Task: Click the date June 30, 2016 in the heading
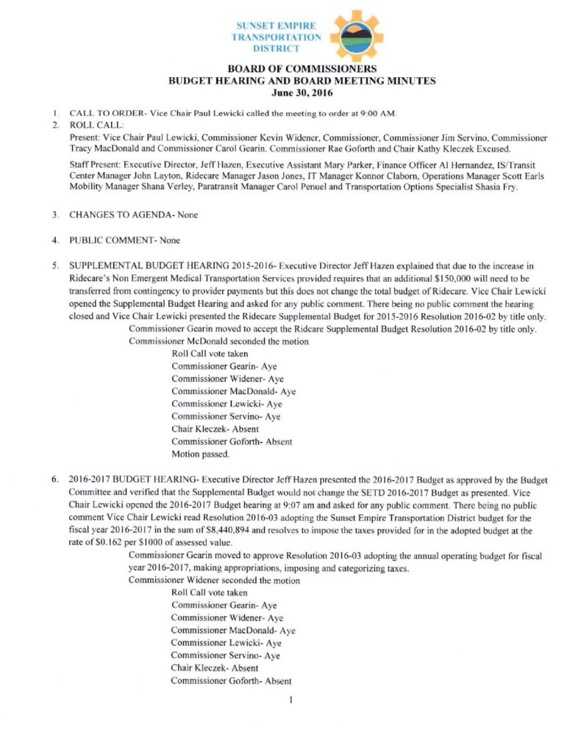[x=290, y=93]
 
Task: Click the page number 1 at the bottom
[x=292, y=699]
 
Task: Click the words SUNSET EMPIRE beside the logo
[x=276, y=24]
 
